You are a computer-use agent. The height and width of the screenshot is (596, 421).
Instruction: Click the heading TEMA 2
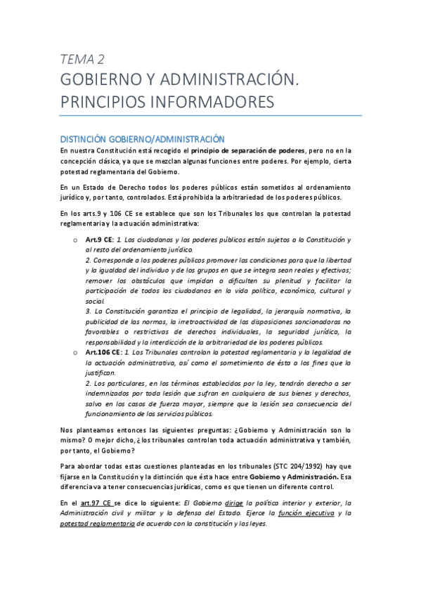[x=82, y=58]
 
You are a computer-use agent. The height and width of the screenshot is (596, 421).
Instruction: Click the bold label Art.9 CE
[x=98, y=240]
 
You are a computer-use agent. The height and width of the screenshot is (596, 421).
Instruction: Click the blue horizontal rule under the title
[x=211, y=115]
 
